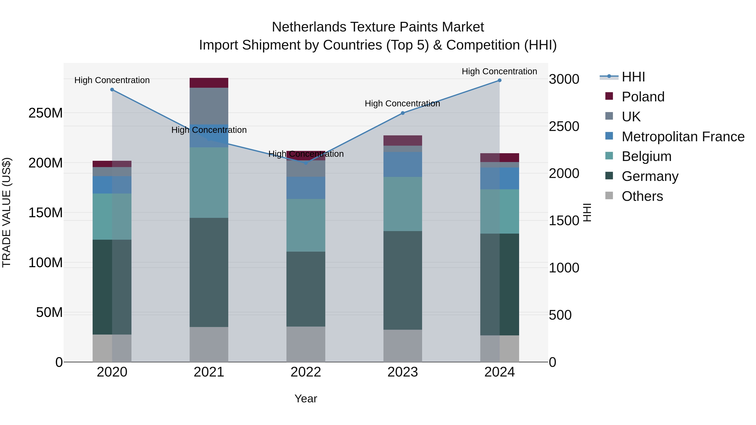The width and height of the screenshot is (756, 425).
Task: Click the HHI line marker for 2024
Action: pyautogui.click(x=500, y=80)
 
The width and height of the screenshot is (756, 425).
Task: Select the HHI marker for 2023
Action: pyautogui.click(x=403, y=113)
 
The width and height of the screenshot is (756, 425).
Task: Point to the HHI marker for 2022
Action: pyautogui.click(x=306, y=163)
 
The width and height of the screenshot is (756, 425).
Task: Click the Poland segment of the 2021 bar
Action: pyautogui.click(x=209, y=83)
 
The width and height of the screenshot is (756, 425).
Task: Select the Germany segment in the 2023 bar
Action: pyautogui.click(x=403, y=280)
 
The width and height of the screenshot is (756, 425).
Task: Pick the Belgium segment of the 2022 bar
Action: pyautogui.click(x=306, y=225)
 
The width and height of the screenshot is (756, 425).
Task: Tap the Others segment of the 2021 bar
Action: pyautogui.click(x=209, y=344)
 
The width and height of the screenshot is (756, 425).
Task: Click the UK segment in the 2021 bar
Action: pyautogui.click(x=209, y=106)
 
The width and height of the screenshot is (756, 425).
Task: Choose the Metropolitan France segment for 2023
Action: pyautogui.click(x=403, y=164)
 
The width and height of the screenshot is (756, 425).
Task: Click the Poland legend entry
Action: pyautogui.click(x=643, y=97)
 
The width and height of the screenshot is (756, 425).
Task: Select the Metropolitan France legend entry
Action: pyautogui.click(x=683, y=137)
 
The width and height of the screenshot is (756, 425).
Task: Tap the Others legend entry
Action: pyautogui.click(x=642, y=196)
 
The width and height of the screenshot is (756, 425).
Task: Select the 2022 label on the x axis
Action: pyautogui.click(x=306, y=372)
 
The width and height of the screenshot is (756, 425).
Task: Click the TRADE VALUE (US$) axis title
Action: pyautogui.click(x=7, y=212)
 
